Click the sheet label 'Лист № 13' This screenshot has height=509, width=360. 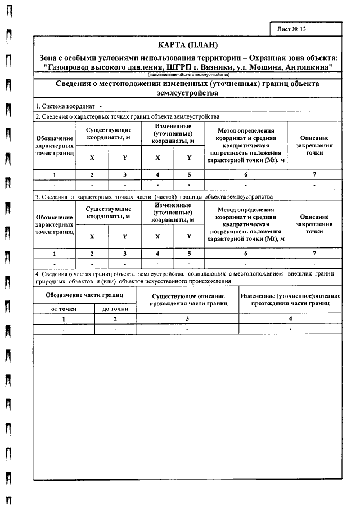click(x=292, y=29)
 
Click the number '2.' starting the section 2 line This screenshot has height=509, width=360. click(x=37, y=116)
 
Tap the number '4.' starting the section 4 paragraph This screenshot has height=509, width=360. click(x=37, y=273)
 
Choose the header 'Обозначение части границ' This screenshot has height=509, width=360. click(x=84, y=294)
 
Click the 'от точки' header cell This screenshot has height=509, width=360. click(x=63, y=309)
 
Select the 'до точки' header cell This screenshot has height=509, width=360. click(x=115, y=309)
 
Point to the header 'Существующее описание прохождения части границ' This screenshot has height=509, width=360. click(x=188, y=299)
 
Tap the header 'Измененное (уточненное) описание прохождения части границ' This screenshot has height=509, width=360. click(x=290, y=299)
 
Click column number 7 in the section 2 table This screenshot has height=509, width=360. click(x=314, y=174)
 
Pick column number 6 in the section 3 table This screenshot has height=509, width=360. click(x=245, y=253)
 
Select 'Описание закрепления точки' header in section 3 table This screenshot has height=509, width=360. click(x=314, y=224)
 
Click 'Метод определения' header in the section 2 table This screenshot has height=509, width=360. click(x=245, y=130)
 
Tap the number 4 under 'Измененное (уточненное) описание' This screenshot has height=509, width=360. click(x=290, y=319)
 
